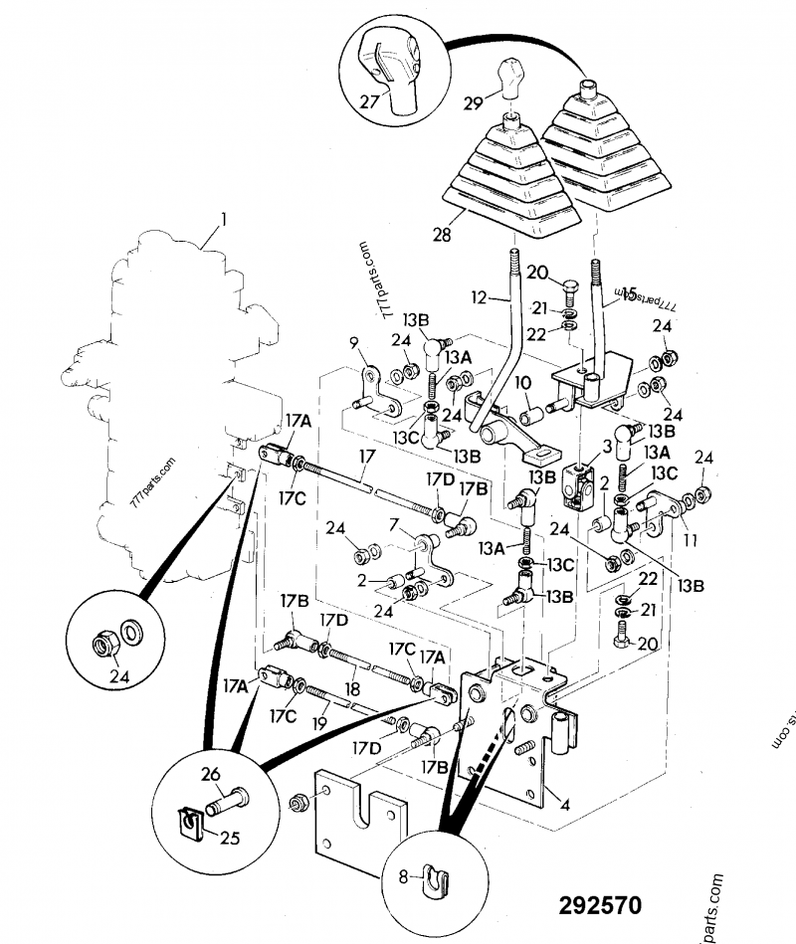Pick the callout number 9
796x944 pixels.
pyautogui.click(x=353, y=344)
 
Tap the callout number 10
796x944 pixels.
pyautogui.click(x=522, y=382)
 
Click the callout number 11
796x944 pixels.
pyautogui.click(x=688, y=541)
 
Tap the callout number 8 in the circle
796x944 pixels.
pyautogui.click(x=404, y=876)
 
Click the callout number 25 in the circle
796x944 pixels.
pyautogui.click(x=230, y=838)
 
